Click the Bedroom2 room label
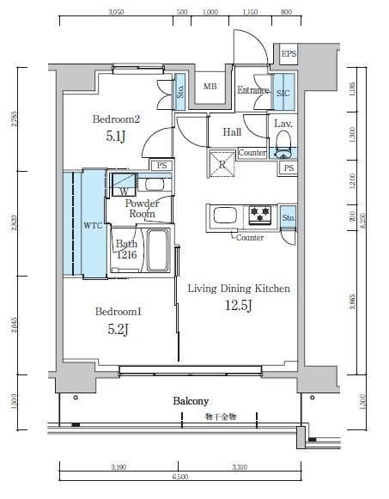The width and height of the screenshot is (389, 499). pos(117,119)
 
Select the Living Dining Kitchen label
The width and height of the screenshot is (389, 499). pos(239,289)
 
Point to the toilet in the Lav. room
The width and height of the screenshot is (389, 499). pos(284,145)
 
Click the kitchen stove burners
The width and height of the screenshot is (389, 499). pos(260,213)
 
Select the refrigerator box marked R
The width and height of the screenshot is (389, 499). pos(222,162)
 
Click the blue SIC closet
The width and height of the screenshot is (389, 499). pos(284,94)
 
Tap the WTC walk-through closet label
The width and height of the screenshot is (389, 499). pos(94,226)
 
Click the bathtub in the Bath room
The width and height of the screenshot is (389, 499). pos(156,251)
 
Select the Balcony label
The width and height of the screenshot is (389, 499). pos(191,401)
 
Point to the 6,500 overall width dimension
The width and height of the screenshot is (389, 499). pos(180,475)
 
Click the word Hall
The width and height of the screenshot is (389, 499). pos(232,132)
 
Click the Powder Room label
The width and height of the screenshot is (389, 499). pos(141,208)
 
